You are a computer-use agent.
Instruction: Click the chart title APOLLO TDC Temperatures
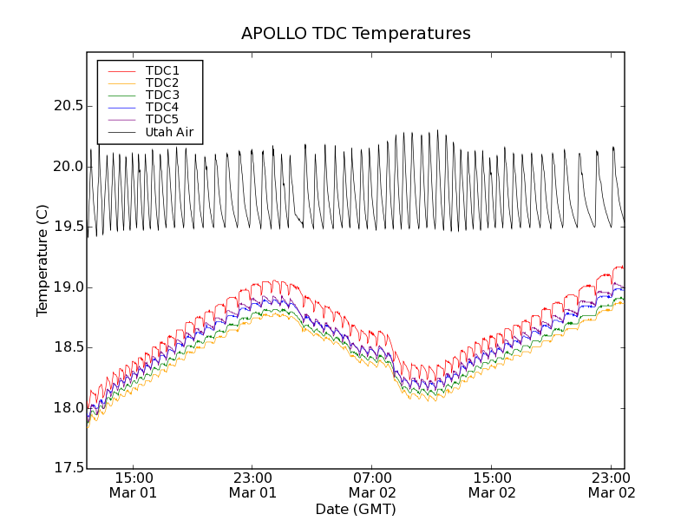pos(356,34)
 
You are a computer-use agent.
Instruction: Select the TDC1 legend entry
pos(162,70)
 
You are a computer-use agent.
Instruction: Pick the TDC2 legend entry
pos(162,82)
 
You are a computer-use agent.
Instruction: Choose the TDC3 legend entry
pos(162,95)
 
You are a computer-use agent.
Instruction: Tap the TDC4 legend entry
pos(162,108)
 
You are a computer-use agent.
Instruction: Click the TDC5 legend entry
pos(162,120)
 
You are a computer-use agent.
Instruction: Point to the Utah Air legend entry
pos(169,133)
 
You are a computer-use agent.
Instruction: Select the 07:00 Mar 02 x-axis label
pos(372,485)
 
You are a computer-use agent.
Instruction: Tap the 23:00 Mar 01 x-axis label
pos(252,485)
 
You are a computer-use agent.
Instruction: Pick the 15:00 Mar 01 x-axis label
pos(133,485)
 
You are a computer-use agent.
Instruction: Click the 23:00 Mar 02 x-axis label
pos(612,485)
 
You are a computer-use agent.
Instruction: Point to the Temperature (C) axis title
pos(43,260)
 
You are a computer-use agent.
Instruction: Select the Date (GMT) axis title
pos(356,509)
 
